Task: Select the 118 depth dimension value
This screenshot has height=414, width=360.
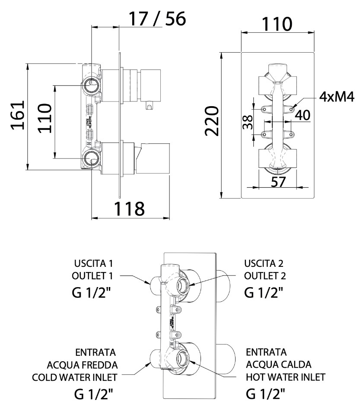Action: point(129,209)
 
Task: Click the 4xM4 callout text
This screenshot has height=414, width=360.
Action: point(337,97)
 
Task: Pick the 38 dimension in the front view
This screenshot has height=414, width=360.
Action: point(247,123)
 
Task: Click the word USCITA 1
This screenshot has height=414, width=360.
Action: point(89,263)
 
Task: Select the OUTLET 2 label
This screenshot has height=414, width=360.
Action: point(265,275)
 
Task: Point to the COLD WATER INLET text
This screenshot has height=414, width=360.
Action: point(75,377)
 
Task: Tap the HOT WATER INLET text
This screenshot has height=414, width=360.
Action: point(285,377)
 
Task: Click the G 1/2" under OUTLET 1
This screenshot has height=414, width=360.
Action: point(91,293)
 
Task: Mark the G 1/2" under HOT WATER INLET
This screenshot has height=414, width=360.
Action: point(265,394)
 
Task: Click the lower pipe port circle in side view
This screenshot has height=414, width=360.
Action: point(92,158)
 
